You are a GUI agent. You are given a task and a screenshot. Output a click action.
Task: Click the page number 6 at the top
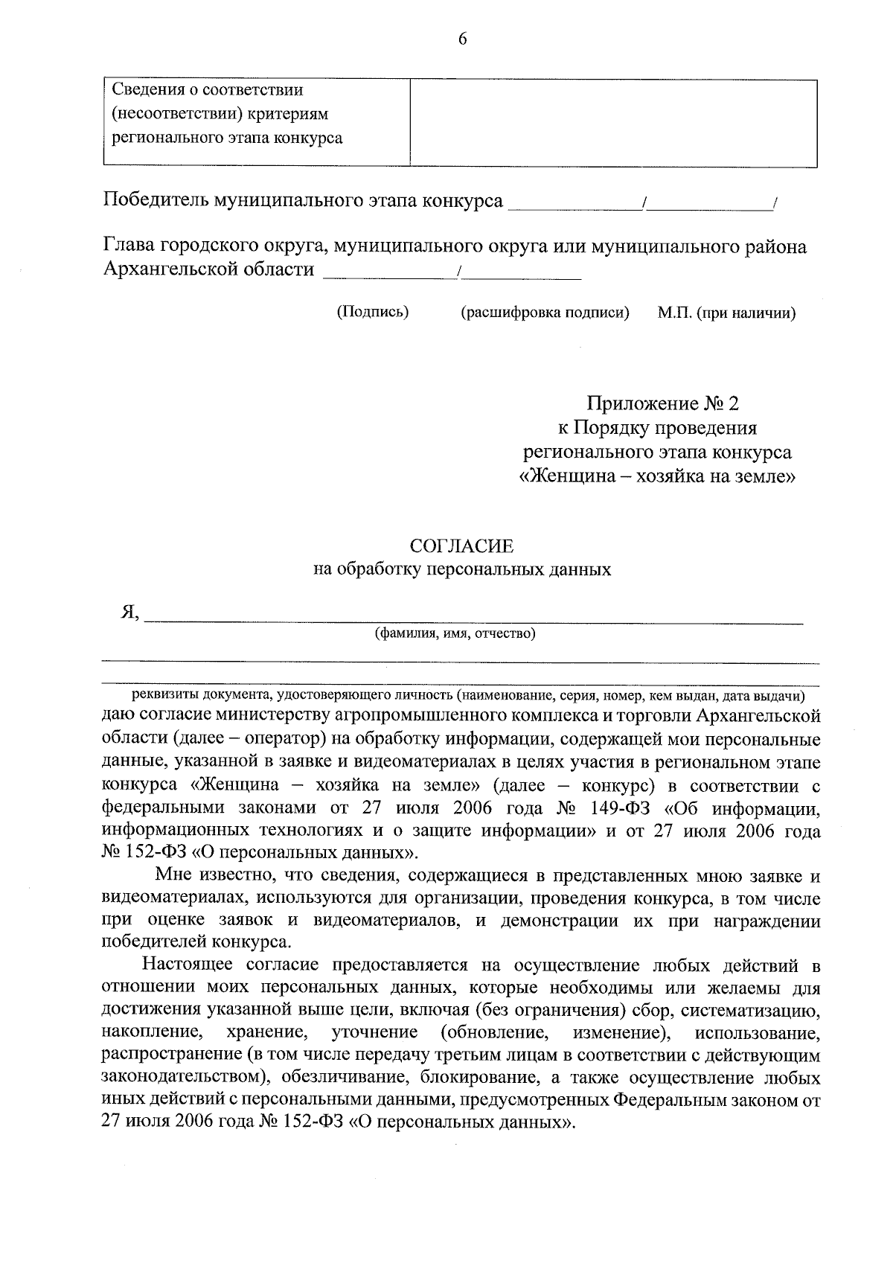[462, 39]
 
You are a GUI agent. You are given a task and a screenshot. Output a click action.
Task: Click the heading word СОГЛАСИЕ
[462, 546]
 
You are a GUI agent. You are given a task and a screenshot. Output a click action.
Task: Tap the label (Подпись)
[373, 312]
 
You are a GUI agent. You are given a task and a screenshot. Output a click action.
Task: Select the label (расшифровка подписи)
[545, 313]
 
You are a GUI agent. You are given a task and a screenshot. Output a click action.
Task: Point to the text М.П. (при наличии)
[726, 313]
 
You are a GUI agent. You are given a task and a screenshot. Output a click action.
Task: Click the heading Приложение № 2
[663, 403]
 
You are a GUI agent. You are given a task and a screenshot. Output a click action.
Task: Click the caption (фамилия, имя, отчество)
[455, 634]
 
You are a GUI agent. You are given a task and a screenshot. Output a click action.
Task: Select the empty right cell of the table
[613, 123]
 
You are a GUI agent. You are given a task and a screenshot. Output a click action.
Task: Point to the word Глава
[127, 246]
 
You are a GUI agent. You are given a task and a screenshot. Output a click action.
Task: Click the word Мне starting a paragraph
[173, 875]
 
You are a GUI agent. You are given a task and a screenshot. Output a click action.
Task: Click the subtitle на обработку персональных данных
[461, 570]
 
